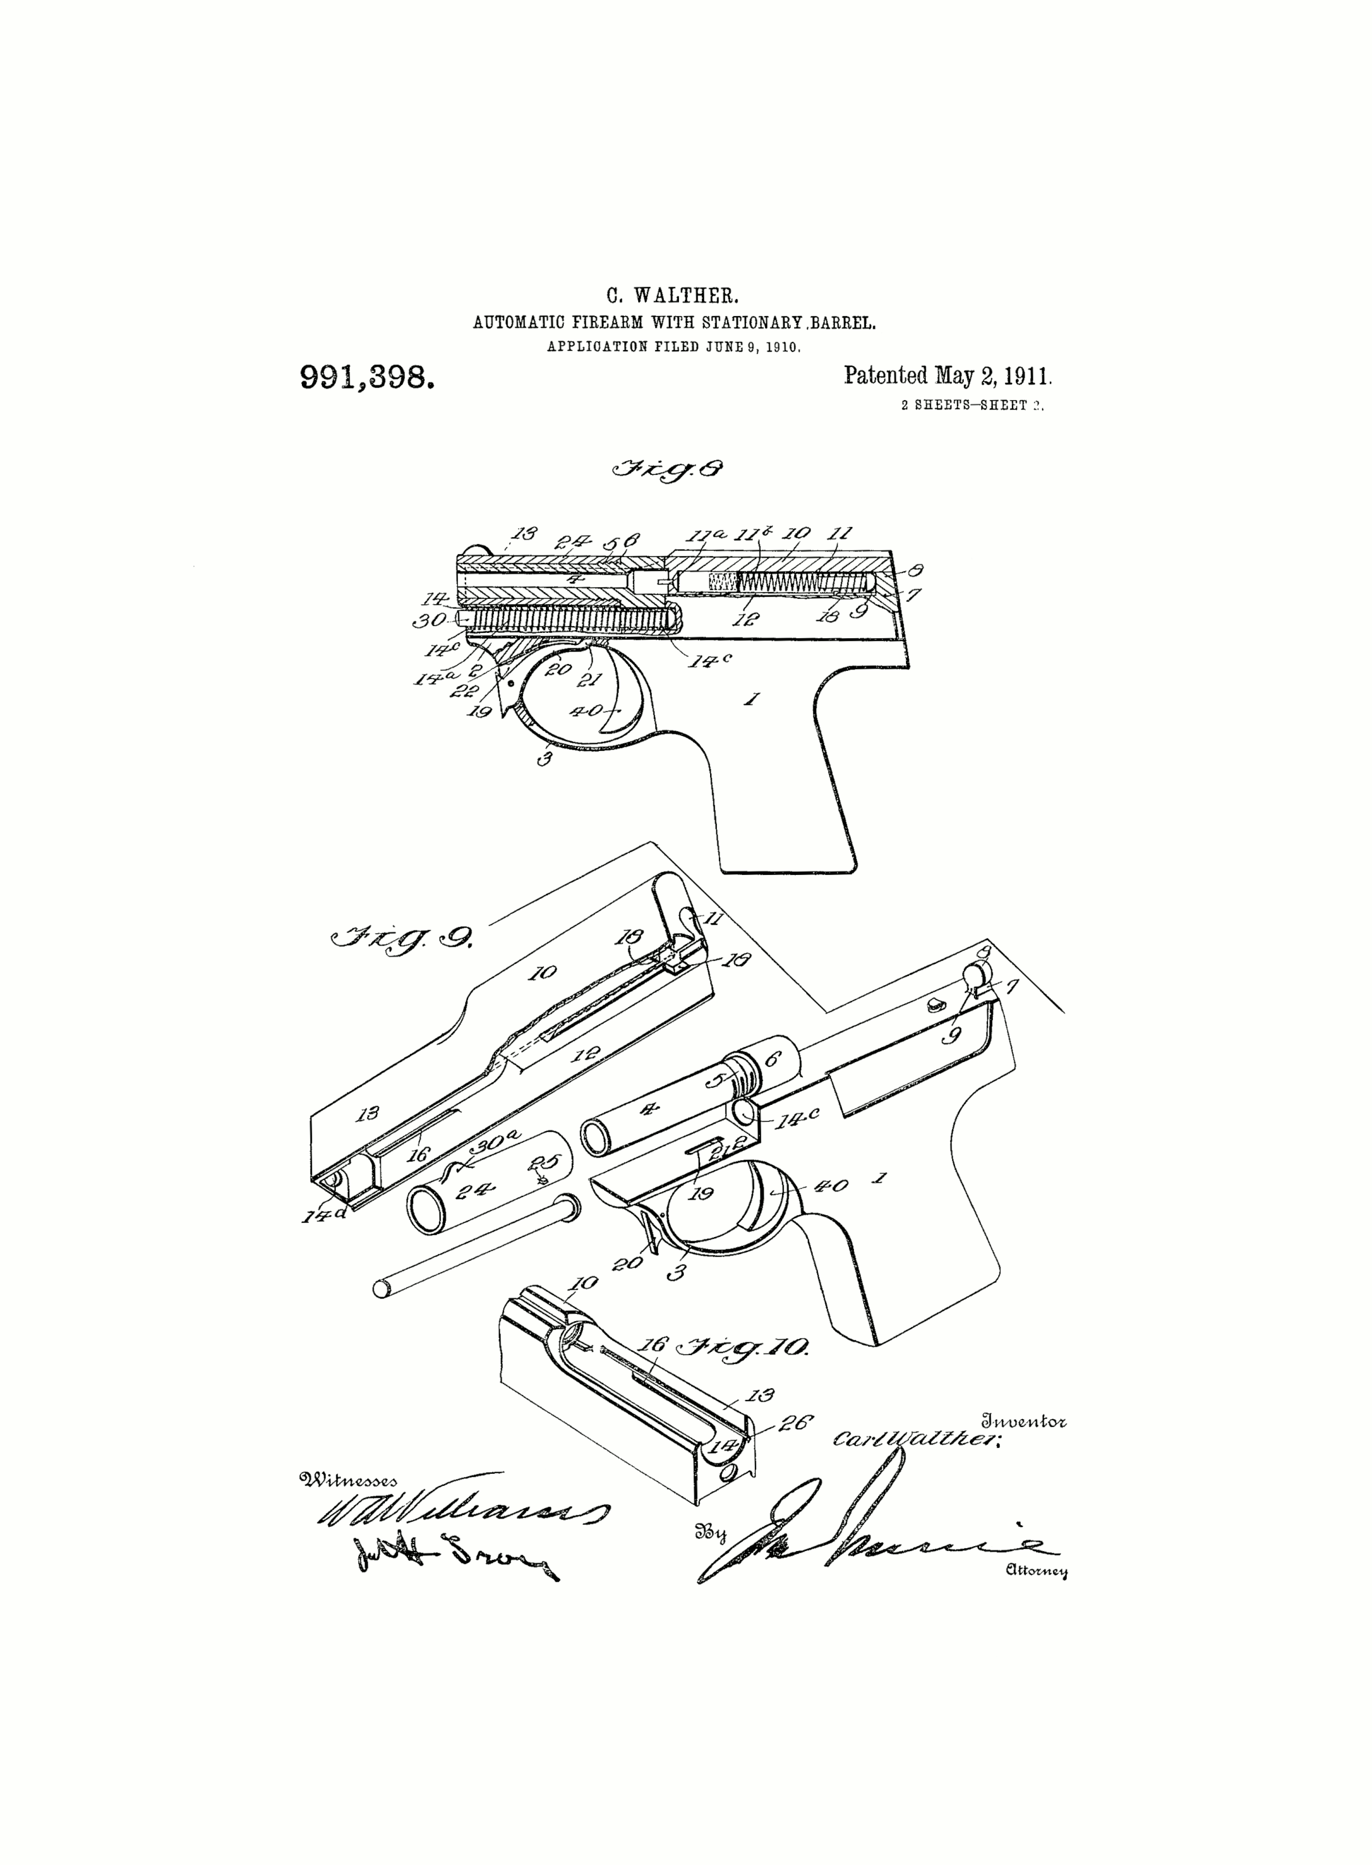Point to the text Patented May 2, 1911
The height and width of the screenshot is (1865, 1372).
pyautogui.click(x=948, y=376)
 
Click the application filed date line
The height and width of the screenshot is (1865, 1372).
pyautogui.click(x=673, y=347)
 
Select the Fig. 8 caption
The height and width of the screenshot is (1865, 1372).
pyautogui.click(x=667, y=469)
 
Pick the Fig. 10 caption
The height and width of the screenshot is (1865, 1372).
pyautogui.click(x=743, y=1347)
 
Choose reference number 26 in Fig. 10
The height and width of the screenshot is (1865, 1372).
pyautogui.click(x=795, y=1423)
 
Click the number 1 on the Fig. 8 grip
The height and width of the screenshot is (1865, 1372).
pyautogui.click(x=752, y=699)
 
